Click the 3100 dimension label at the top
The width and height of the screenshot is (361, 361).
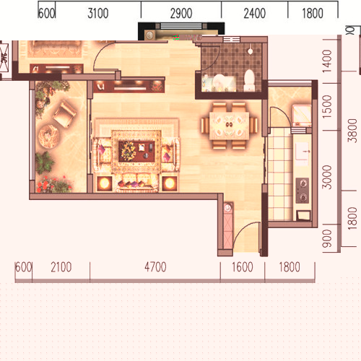[98, 13]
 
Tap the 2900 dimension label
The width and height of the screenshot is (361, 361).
[181, 13]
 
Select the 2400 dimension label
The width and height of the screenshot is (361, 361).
[255, 13]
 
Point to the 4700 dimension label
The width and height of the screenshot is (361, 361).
[155, 267]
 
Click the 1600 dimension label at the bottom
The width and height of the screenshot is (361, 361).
[243, 267]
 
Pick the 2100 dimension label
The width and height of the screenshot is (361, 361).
[61, 267]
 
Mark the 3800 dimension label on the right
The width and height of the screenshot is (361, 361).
[352, 131]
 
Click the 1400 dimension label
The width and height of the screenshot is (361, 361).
[327, 61]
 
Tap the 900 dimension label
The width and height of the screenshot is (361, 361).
[327, 238]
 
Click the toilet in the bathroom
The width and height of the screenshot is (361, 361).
[249, 80]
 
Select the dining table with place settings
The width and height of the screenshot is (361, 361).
[229, 126]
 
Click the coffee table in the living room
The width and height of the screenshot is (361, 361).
[136, 151]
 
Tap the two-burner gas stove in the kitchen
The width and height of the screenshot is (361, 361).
[303, 191]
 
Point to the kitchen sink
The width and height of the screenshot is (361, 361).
[302, 151]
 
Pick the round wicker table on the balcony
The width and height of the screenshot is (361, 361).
[48, 136]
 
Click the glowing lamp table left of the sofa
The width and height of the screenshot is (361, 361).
[104, 183]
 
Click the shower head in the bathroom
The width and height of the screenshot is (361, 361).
[251, 51]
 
